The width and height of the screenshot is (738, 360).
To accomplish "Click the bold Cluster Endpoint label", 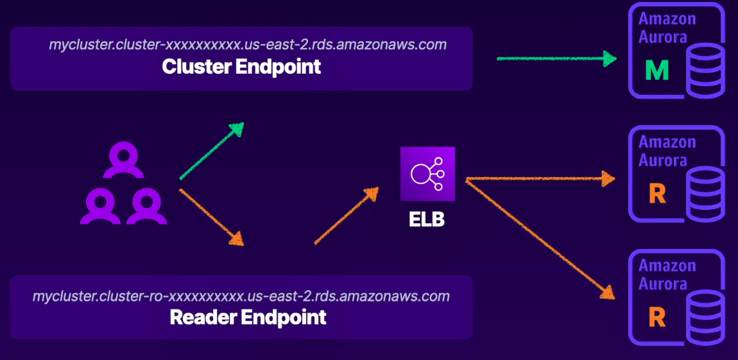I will click(241, 67).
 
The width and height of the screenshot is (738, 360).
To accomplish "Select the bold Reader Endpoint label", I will click(248, 317).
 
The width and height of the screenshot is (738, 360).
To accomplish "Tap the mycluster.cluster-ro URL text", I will click(241, 296).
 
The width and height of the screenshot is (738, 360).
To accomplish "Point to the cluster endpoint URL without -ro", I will click(248, 45).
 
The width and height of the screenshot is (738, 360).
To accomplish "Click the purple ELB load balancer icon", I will click(427, 174).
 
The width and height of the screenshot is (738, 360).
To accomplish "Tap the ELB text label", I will click(427, 219).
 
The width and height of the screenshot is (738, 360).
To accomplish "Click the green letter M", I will click(656, 71).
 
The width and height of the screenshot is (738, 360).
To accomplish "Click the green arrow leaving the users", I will click(212, 150).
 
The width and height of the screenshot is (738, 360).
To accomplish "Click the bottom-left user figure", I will click(100, 206).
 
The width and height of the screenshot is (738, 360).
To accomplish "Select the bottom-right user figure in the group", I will click(146, 206).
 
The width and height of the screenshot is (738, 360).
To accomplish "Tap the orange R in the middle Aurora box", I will click(656, 194).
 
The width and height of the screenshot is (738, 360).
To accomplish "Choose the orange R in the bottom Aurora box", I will click(656, 318).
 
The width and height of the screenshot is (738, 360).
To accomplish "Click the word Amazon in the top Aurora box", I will click(667, 19).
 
